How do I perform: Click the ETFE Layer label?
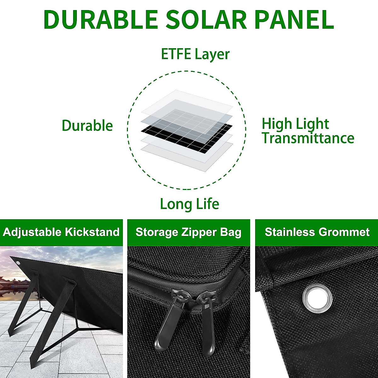tap(195, 54)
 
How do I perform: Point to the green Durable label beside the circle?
tap(87, 126)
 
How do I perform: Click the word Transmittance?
tap(308, 138)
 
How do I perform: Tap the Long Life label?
tap(189, 204)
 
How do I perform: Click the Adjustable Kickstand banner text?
tap(61, 232)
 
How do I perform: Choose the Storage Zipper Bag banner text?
tap(188, 232)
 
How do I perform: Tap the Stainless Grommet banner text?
tap(317, 232)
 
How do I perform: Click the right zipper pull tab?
tap(209, 328)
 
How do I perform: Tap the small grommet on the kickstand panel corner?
tap(18, 263)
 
